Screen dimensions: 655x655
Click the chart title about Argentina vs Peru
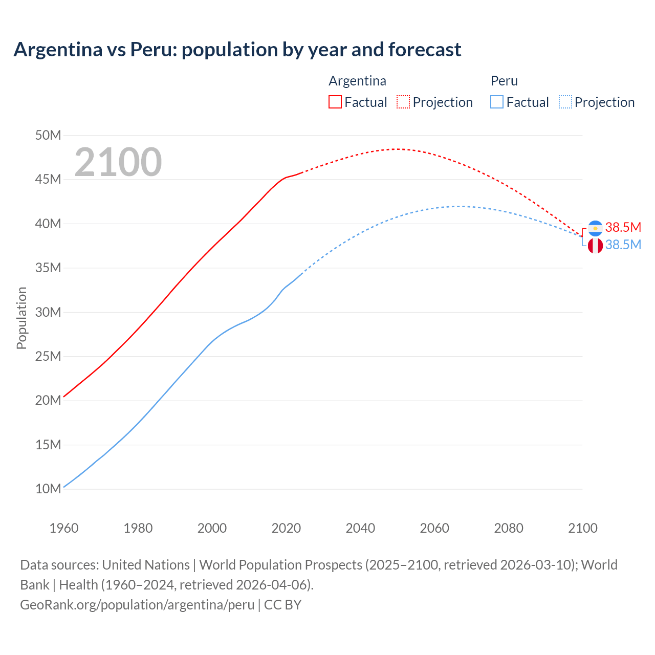[237, 50]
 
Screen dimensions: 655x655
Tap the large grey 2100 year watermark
[118, 162]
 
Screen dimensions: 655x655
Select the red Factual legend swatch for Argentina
[335, 102]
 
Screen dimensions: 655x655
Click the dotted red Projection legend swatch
[403, 102]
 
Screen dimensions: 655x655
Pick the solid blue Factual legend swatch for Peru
[497, 102]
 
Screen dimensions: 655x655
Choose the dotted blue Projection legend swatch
[565, 102]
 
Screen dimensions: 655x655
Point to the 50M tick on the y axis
[48, 135]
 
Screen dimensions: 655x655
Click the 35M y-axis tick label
[48, 268]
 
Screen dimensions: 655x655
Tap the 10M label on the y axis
[48, 489]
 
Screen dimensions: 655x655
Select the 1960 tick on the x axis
[64, 528]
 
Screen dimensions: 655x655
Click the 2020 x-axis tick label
[286, 528]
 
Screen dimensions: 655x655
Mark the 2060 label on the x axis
[434, 528]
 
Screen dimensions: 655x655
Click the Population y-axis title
[21, 318]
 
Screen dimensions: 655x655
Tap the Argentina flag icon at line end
[595, 228]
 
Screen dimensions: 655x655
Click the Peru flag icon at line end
[595, 246]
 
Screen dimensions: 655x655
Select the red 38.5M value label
[623, 227]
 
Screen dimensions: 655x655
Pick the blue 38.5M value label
[623, 245]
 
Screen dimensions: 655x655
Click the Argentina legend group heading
[357, 81]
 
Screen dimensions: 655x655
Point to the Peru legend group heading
[504, 81]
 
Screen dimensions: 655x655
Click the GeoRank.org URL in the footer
[137, 604]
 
